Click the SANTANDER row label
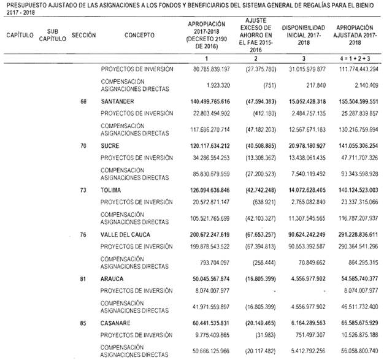(x=118, y=101)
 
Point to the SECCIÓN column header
(x=83, y=35)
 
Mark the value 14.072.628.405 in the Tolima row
(x=308, y=190)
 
